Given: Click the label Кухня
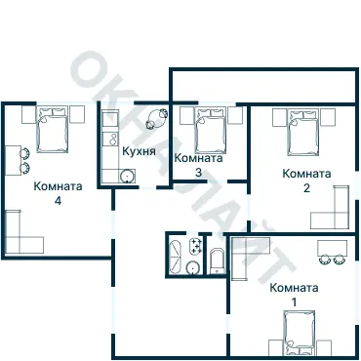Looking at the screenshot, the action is (139, 151).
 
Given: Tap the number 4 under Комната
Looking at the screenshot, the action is (58, 201).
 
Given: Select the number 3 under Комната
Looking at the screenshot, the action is (198, 173).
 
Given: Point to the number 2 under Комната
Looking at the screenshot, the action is (306, 188).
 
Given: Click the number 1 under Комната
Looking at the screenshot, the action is (294, 302).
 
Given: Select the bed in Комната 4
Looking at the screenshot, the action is (53, 129).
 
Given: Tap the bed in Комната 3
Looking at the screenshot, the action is (210, 130).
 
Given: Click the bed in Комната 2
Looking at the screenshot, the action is (302, 132).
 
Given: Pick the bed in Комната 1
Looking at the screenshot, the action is (300, 333).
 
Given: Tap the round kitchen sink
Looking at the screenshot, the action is (127, 176).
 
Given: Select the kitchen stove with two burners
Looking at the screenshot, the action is (110, 139).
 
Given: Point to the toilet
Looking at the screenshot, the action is (218, 261).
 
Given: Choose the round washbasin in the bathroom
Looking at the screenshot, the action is (192, 267).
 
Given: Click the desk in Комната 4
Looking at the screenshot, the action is (14, 161).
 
